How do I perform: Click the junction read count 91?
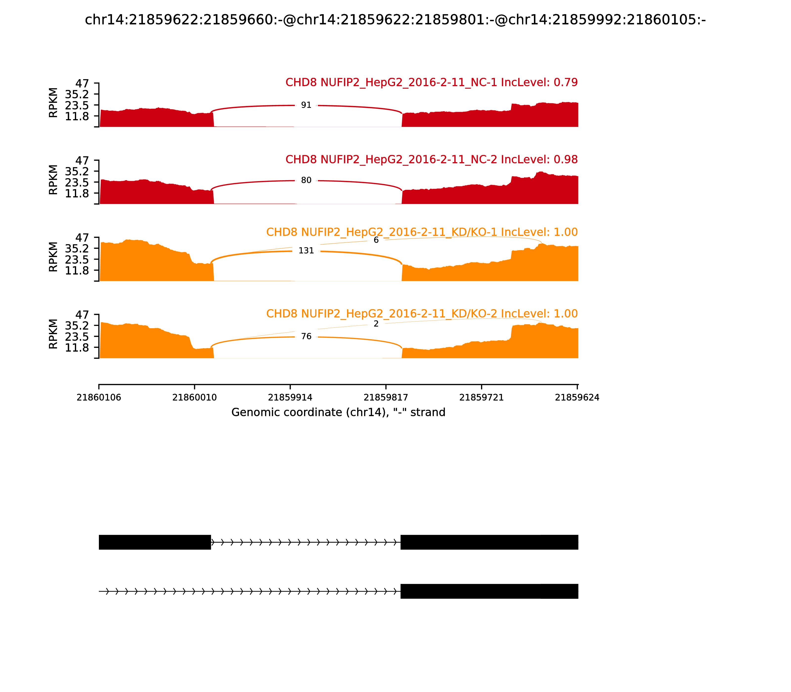(x=306, y=105)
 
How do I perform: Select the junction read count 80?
(x=306, y=180)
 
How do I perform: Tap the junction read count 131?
(x=306, y=251)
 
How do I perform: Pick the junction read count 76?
(x=306, y=336)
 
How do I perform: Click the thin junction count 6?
(x=376, y=240)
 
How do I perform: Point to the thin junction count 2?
(x=376, y=324)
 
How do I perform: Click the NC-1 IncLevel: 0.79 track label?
(x=431, y=82)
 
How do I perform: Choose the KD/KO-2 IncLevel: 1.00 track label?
(x=422, y=314)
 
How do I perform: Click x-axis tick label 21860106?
(x=99, y=397)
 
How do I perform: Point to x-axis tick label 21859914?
(x=290, y=397)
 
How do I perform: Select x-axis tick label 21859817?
(x=386, y=397)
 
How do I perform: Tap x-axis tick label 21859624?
(x=577, y=397)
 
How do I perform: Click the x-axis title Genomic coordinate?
(x=338, y=412)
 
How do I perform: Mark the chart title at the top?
(x=395, y=20)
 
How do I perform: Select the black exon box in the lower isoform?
(x=489, y=591)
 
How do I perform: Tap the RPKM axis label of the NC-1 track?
(x=53, y=103)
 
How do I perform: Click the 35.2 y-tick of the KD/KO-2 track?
(x=77, y=325)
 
